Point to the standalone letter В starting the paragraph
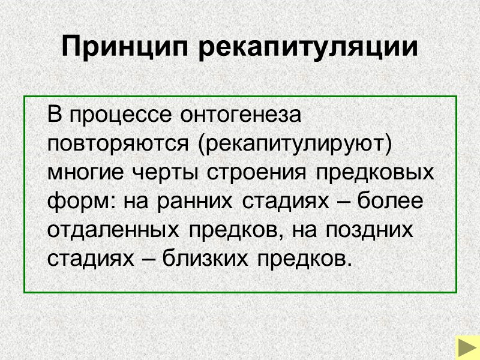pyautogui.click(x=55, y=114)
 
